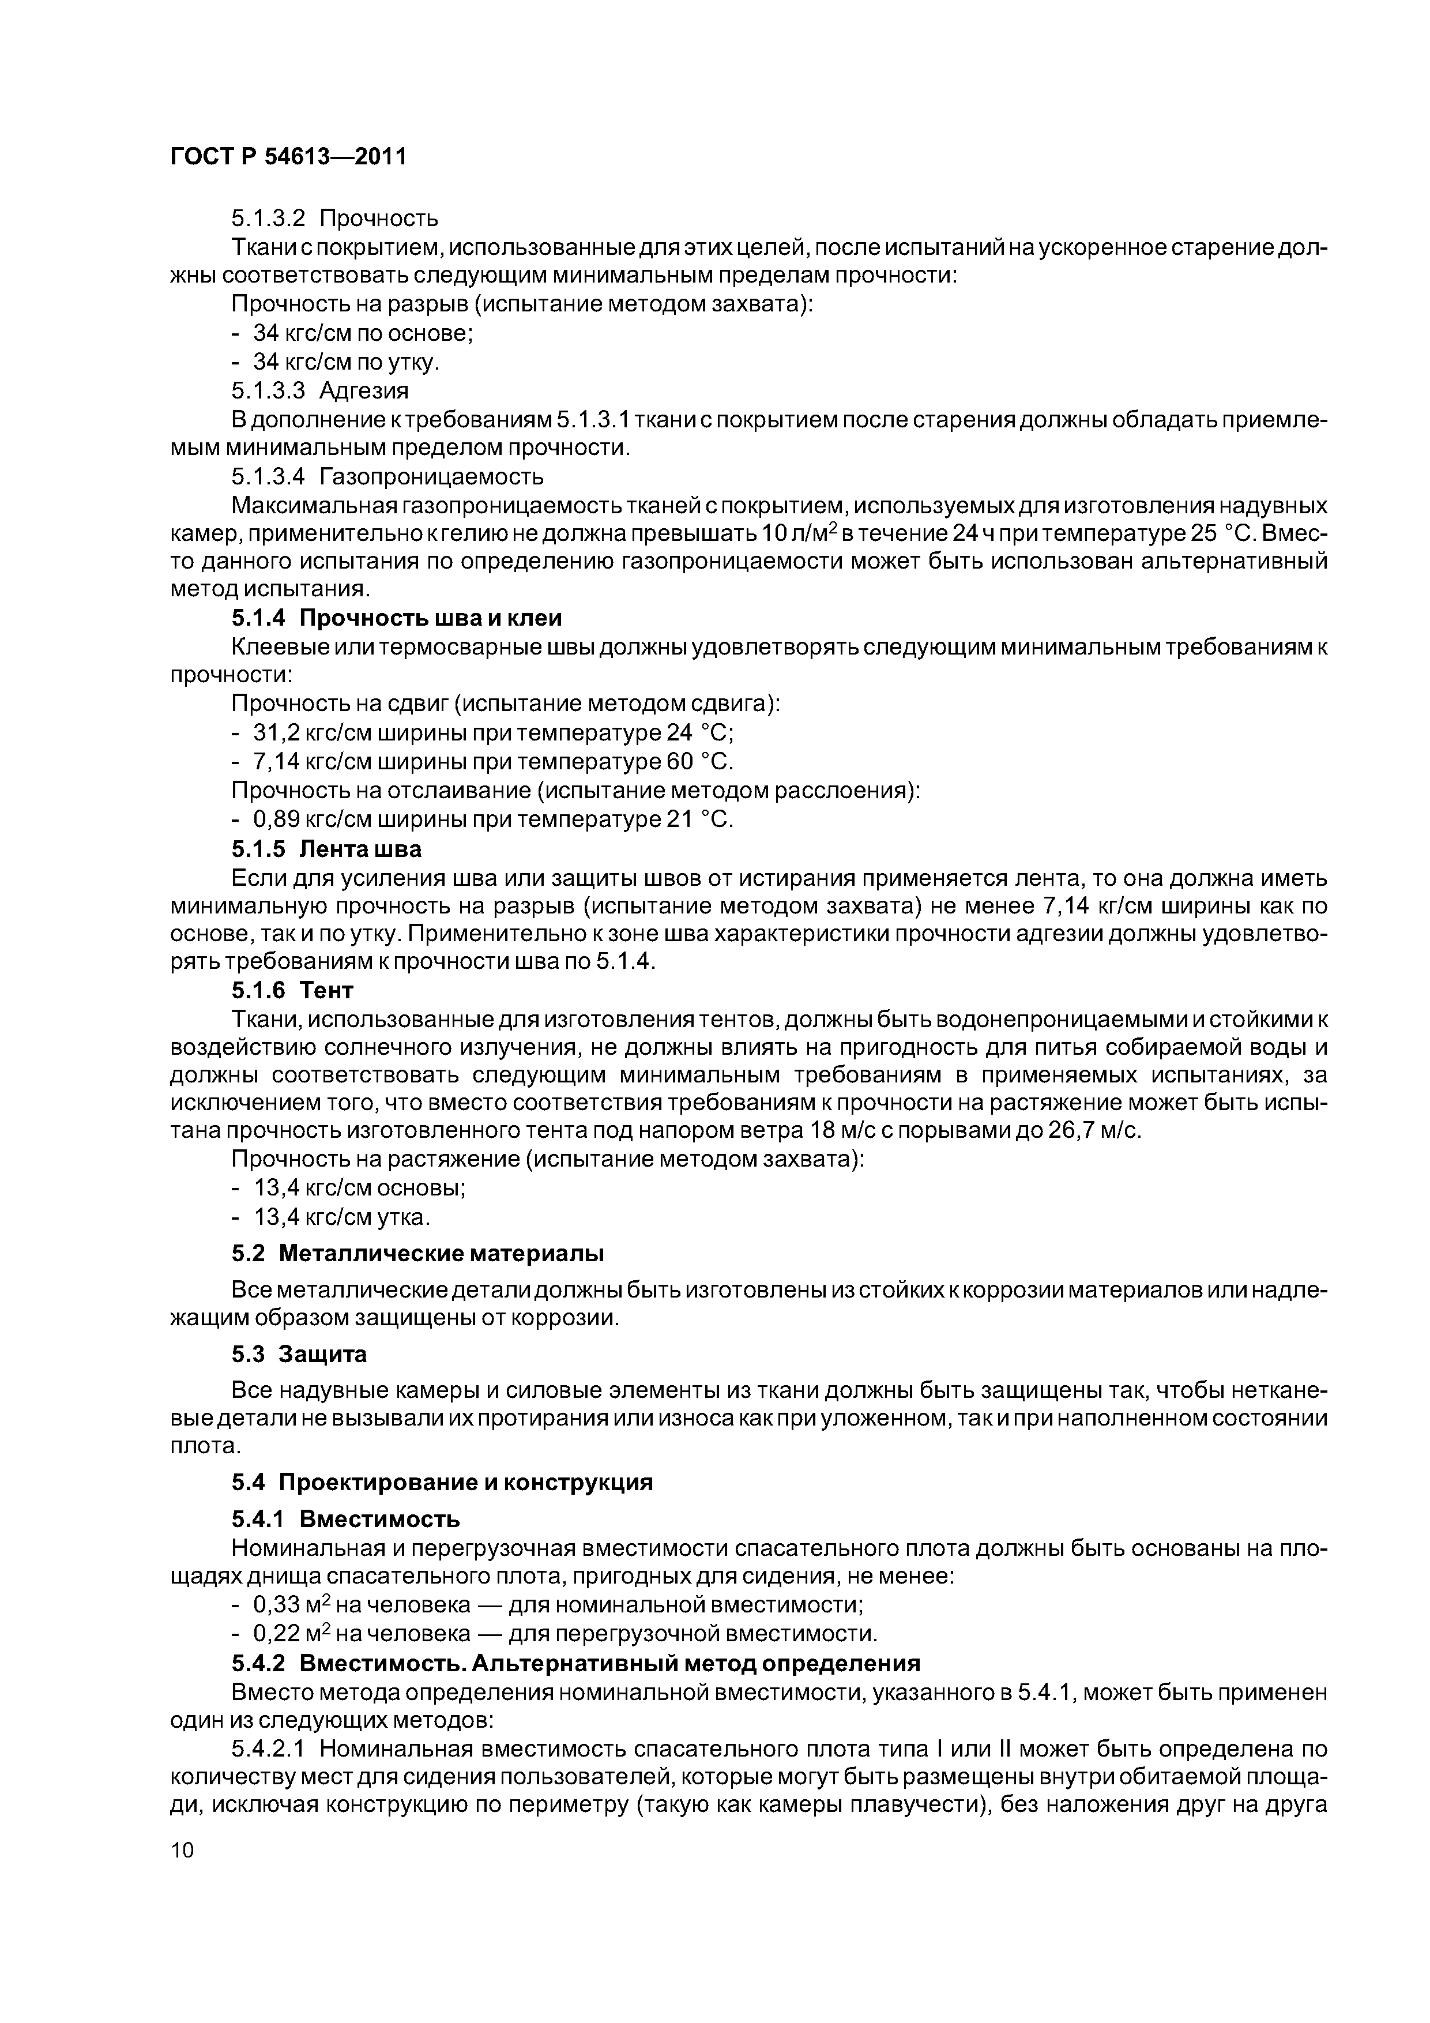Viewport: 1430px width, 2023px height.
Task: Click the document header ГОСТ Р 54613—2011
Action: (288, 157)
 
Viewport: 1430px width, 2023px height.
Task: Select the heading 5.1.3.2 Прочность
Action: (335, 217)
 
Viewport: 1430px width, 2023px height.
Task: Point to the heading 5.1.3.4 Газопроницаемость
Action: (387, 477)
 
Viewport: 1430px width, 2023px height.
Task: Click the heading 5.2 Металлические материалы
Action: (417, 1253)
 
